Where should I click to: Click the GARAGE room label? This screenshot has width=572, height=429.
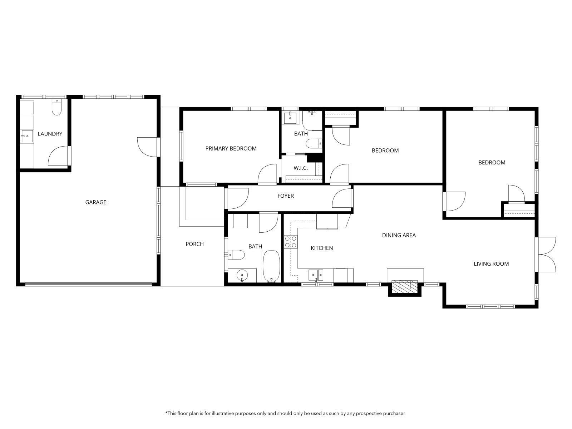tap(96, 202)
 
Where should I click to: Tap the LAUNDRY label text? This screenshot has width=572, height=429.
tap(50, 134)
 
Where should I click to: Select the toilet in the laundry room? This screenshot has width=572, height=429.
tap(56, 107)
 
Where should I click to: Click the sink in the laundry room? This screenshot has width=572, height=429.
tap(27, 136)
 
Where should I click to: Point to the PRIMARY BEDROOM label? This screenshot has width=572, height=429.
tap(231, 148)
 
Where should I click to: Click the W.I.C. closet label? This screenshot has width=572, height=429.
tap(300, 168)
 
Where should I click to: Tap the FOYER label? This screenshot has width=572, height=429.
tap(285, 196)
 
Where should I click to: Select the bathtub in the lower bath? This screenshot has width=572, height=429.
tap(271, 266)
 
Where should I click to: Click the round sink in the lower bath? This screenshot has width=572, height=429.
tap(242, 275)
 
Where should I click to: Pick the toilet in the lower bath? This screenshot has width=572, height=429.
tap(236, 255)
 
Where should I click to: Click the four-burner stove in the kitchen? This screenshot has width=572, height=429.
tap(291, 242)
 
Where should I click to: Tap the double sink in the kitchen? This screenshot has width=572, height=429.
tap(316, 275)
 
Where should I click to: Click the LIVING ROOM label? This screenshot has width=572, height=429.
tap(491, 264)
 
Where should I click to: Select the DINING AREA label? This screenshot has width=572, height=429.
tap(399, 236)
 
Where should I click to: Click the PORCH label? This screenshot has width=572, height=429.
tap(194, 244)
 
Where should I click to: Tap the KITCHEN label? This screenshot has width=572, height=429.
tap(322, 248)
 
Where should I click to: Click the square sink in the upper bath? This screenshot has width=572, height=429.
tap(290, 118)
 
